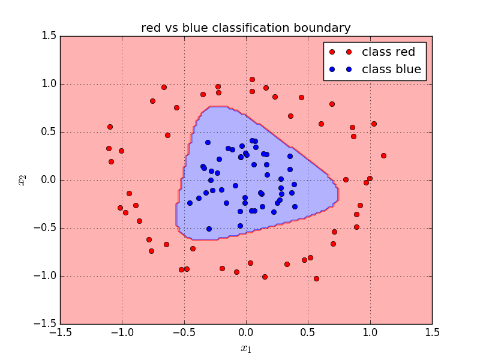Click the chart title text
click(245, 28)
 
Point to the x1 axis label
click(245, 349)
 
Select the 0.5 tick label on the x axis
click(308, 332)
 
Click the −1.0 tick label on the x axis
click(122, 332)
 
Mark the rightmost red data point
click(383, 155)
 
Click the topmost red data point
click(252, 79)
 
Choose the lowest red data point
click(316, 278)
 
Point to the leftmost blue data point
click(190, 203)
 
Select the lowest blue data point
click(209, 229)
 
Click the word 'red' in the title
click(151, 28)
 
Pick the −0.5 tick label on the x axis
click(184, 332)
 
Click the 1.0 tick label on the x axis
click(370, 332)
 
